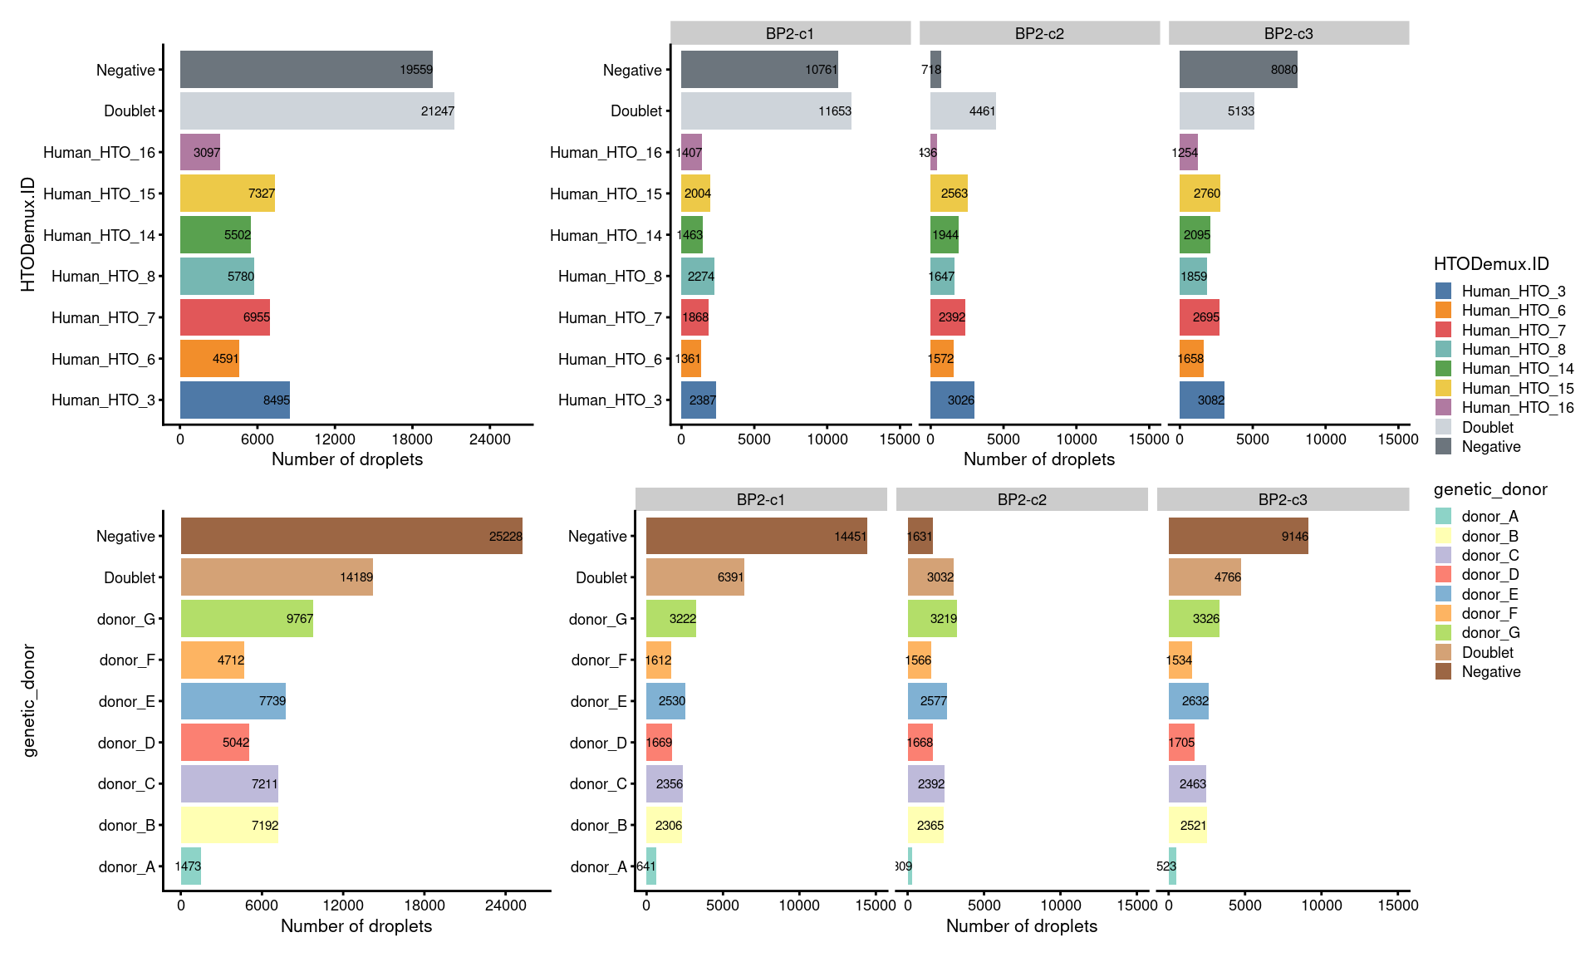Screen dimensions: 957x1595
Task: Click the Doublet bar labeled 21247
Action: click(x=317, y=110)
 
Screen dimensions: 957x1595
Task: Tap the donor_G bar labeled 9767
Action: click(x=247, y=619)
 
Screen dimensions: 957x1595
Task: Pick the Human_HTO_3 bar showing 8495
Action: click(x=235, y=400)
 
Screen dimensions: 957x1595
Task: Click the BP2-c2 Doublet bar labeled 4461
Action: click(x=963, y=110)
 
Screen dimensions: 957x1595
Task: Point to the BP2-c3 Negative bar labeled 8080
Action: click(x=1238, y=70)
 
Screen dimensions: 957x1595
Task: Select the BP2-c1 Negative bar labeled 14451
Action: click(x=756, y=536)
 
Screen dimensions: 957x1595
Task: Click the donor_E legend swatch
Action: click(x=1443, y=594)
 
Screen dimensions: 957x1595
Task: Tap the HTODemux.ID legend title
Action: click(x=1491, y=264)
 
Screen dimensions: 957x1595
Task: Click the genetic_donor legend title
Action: click(x=1490, y=489)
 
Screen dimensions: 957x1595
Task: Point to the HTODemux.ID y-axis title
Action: click(x=28, y=234)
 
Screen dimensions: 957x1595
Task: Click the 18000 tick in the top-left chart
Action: click(x=412, y=439)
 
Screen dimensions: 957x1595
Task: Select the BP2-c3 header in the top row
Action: click(x=1288, y=33)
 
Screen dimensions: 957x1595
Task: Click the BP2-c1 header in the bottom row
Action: click(x=760, y=499)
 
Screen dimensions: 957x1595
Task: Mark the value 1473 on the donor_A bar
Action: click(x=188, y=866)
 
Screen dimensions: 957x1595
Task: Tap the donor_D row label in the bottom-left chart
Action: click(x=126, y=743)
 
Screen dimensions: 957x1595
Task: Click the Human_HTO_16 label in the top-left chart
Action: click(x=99, y=152)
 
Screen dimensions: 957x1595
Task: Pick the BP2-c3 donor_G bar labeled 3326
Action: click(x=1194, y=619)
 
